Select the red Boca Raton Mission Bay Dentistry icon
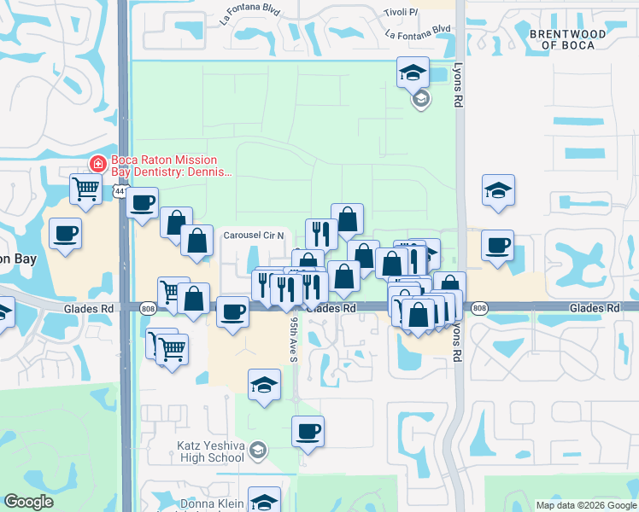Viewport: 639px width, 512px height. pyautogui.click(x=98, y=162)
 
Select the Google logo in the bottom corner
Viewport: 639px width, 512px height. pyautogui.click(x=28, y=502)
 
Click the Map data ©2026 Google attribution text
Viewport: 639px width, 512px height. pyautogui.click(x=585, y=505)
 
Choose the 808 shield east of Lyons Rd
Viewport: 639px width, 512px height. pyautogui.click(x=479, y=307)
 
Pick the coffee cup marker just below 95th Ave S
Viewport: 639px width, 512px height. pyautogui.click(x=308, y=431)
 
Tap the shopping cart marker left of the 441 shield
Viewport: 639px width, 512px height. pyautogui.click(x=86, y=189)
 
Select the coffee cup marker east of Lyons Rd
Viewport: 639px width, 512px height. pyautogui.click(x=497, y=245)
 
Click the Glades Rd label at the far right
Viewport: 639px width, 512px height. pyautogui.click(x=595, y=307)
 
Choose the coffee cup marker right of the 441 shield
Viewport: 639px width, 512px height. pyautogui.click(x=144, y=203)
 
